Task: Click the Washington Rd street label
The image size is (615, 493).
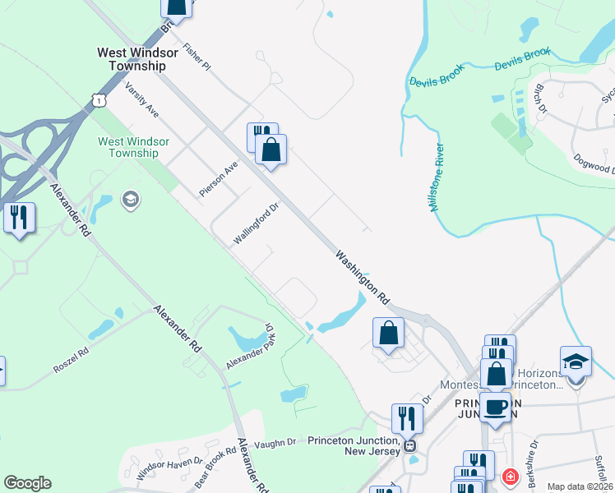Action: (362, 279)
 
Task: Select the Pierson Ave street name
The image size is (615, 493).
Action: (218, 178)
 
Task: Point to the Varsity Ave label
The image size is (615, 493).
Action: (141, 99)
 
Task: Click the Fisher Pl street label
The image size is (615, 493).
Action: (198, 57)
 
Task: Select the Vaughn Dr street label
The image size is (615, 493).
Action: (275, 443)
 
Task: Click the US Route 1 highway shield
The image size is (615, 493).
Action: (99, 100)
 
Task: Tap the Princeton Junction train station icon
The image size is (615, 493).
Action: (409, 446)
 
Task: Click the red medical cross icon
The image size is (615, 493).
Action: (510, 477)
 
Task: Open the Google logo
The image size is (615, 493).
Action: (27, 483)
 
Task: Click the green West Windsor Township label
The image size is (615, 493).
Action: (133, 147)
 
